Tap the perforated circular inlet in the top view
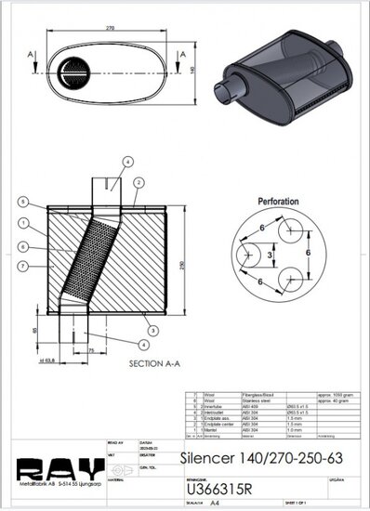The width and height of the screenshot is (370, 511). click(73, 70)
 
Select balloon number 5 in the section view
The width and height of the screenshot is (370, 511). click(22, 202)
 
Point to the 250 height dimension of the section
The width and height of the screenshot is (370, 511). click(194, 263)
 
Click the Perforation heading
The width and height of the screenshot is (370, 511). click(284, 199)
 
